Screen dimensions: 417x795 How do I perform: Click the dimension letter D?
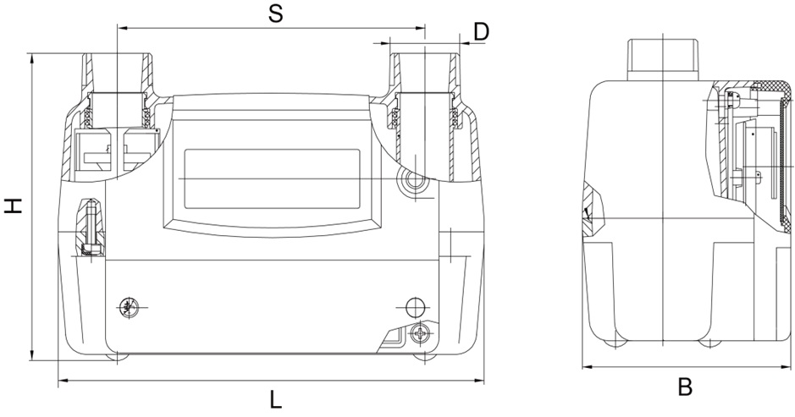click(x=481, y=31)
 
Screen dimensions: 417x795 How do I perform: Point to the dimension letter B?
click(x=686, y=387)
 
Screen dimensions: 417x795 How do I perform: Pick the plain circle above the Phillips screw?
click(x=414, y=305)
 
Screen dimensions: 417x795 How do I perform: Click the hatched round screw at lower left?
click(x=129, y=307)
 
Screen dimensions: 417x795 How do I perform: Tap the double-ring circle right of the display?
click(x=413, y=179)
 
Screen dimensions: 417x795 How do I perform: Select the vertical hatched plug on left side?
click(x=91, y=227)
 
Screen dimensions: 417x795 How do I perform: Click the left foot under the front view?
click(x=116, y=357)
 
